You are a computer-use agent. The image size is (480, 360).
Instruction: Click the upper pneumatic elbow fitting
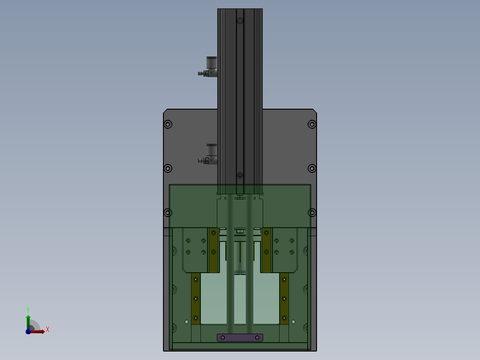click(210, 67)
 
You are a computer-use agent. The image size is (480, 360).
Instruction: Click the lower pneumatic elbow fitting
click(210, 155)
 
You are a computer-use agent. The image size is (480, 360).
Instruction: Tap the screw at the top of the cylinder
click(240, 21)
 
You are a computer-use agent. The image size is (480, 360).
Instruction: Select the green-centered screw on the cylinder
click(240, 176)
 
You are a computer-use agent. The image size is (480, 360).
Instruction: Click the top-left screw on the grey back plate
click(168, 124)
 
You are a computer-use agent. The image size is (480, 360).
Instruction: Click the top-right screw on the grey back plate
click(312, 124)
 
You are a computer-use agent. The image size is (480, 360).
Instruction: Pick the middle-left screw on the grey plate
click(168, 168)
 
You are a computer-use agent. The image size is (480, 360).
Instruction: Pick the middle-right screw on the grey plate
click(312, 168)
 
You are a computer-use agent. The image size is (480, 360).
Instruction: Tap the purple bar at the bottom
click(240, 338)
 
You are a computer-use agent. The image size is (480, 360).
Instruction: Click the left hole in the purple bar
click(223, 338)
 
